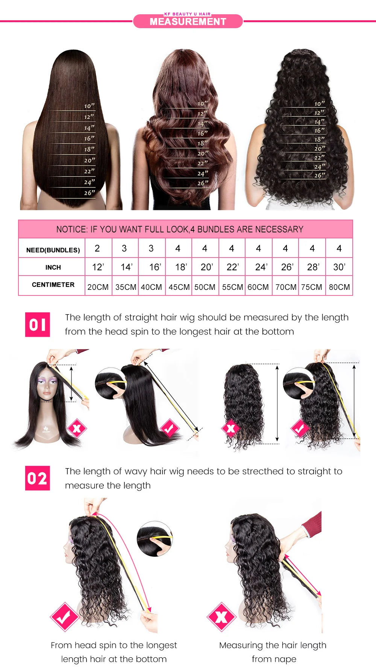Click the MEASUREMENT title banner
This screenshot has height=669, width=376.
(188, 21)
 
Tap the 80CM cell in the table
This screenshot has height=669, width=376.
(339, 287)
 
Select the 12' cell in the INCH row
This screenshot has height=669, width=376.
(98, 267)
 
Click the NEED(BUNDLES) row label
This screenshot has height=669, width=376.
(53, 250)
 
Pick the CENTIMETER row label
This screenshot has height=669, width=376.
(53, 285)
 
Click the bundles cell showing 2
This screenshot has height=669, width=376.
(97, 248)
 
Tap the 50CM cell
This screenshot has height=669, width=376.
(205, 287)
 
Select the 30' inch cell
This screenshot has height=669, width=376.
(339, 267)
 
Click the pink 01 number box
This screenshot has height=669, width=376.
(37, 324)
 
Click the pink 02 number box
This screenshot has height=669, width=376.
(37, 478)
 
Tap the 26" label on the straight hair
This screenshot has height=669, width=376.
(89, 193)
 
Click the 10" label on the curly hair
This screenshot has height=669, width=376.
(319, 104)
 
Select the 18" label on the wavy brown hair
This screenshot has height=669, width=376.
(202, 143)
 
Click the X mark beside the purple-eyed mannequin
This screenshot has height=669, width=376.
(77, 428)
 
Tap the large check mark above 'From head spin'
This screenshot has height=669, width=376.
(64, 616)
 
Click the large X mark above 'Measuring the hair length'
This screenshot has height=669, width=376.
(221, 616)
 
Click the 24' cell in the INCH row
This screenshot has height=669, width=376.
(261, 267)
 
